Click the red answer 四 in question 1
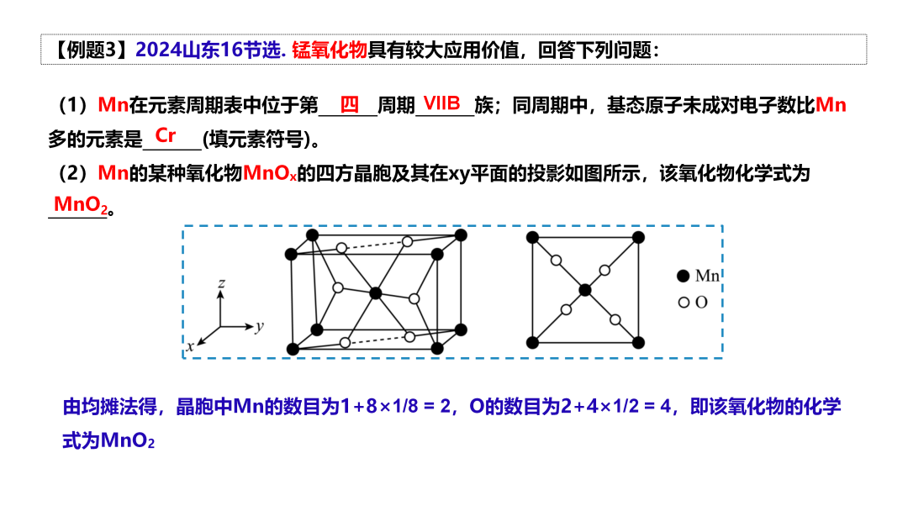349,105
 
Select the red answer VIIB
442,103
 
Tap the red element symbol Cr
166,134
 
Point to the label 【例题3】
87,50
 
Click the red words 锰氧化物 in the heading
330,50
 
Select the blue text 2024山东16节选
210,50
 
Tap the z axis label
220,284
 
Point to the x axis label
191,345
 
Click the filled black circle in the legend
684,276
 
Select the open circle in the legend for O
684,302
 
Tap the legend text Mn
707,276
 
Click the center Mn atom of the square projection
585,290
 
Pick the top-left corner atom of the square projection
532,238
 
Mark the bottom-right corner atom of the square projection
638,342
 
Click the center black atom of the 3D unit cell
376,292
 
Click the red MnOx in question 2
269,174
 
